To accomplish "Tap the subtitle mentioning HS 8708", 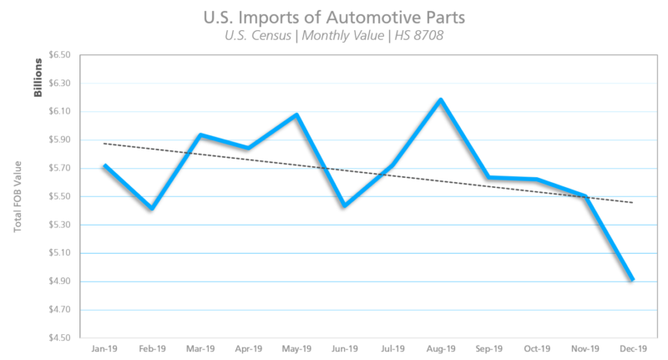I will tap(334, 35).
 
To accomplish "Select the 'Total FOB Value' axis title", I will tap(18, 197).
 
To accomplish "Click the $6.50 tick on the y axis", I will tap(60, 55).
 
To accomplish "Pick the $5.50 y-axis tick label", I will tap(60, 196).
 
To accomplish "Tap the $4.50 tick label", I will tap(60, 337).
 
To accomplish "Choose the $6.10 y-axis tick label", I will tap(60, 111).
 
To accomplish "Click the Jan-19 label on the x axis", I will tap(104, 349).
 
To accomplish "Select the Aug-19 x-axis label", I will tap(440, 349).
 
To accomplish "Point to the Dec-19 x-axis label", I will tap(632, 349).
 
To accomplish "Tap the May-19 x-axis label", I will tap(296, 349).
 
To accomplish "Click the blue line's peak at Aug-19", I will tap(440, 99).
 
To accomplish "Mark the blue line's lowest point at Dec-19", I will tap(632, 279).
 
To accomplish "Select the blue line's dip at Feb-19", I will tap(152, 208).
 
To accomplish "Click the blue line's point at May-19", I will tap(296, 114).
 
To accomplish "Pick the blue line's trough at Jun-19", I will tap(344, 205).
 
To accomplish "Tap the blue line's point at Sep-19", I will tap(488, 177).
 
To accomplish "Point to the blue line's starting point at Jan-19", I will tap(104, 165).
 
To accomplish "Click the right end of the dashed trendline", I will tap(632, 202).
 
